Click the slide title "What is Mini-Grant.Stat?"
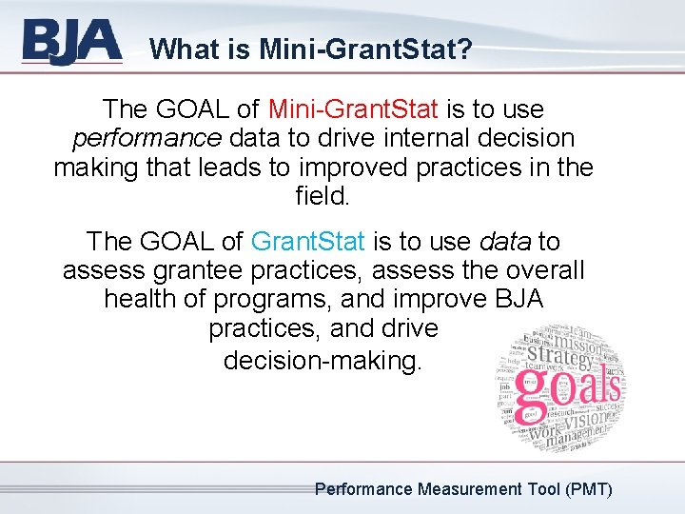(310, 49)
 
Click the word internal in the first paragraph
(437, 138)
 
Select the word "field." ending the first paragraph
(323, 199)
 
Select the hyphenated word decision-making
(322, 361)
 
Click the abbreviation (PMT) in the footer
(588, 489)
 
